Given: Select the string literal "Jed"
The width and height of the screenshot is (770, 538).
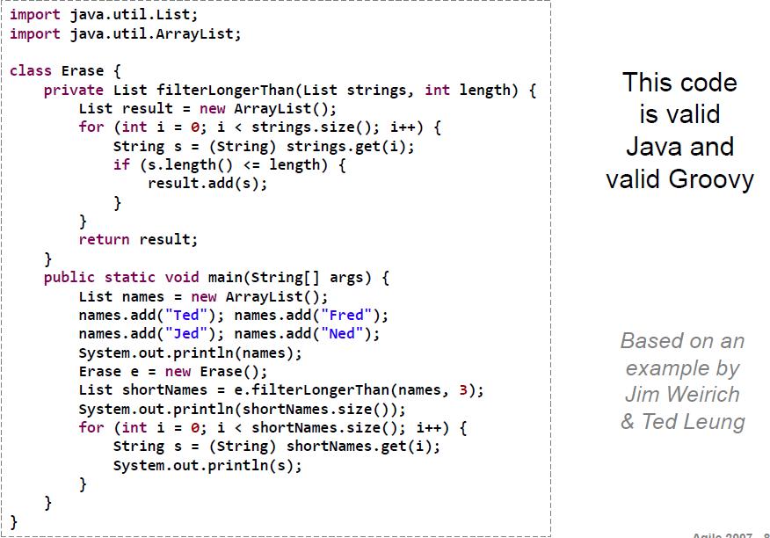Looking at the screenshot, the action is tap(186, 333).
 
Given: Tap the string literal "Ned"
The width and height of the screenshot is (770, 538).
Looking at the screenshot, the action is tap(342, 333).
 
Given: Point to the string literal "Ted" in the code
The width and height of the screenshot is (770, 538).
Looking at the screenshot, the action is tap(186, 315).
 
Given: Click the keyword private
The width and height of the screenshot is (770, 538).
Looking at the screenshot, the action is tap(74, 91).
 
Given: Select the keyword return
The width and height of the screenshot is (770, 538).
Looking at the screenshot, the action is tap(104, 240).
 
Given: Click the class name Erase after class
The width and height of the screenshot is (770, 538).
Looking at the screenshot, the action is tap(83, 70).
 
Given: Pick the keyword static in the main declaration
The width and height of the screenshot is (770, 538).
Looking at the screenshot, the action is tap(130, 277).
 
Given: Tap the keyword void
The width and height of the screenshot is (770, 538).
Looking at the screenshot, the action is tap(182, 277).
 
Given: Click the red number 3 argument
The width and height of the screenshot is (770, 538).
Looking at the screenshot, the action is tap(463, 390).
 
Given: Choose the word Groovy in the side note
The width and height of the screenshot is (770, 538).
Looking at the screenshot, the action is tap(711, 178).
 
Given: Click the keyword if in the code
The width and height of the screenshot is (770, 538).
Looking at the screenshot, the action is tap(121, 164).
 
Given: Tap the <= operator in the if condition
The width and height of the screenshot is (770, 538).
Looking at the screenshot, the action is tap(251, 165).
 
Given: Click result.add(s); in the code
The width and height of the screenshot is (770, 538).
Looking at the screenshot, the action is tap(207, 183).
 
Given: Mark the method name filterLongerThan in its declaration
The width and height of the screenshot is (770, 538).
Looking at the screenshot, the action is tap(225, 91).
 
